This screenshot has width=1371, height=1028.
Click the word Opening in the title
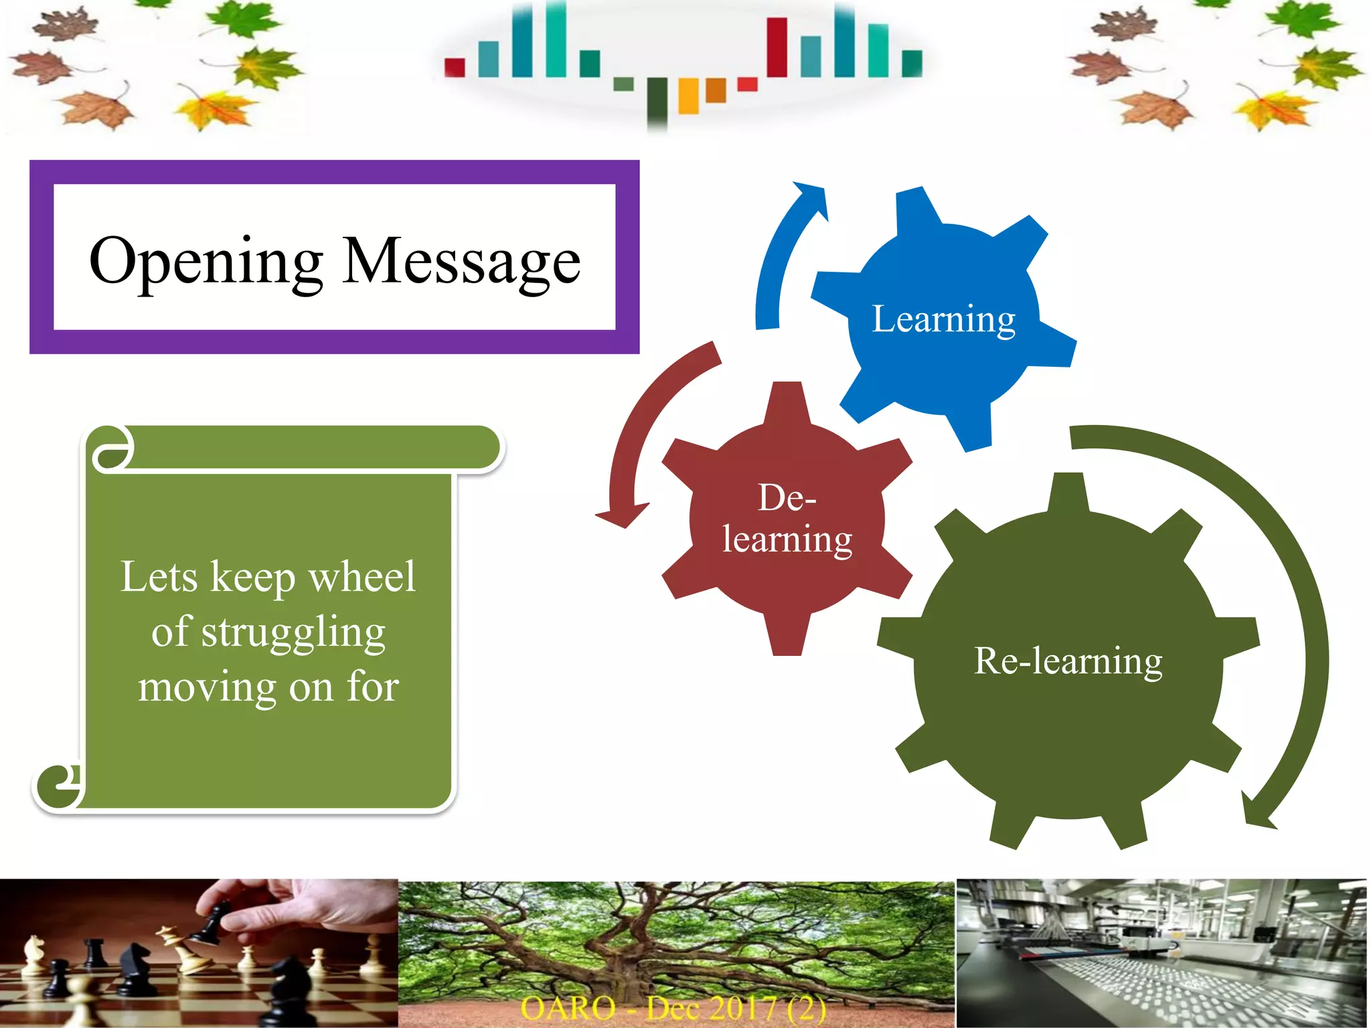click(206, 262)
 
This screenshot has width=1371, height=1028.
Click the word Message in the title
click(461, 260)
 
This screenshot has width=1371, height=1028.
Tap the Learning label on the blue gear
click(943, 319)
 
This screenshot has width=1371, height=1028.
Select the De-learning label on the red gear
click(787, 519)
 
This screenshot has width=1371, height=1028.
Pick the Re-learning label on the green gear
click(1068, 661)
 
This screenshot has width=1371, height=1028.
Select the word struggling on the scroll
click(293, 632)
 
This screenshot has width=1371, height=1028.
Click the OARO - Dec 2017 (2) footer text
click(673, 1008)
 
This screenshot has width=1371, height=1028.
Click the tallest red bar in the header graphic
click(777, 47)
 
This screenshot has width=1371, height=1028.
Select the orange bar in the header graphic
click(716, 90)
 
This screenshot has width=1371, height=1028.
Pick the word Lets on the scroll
click(159, 576)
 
